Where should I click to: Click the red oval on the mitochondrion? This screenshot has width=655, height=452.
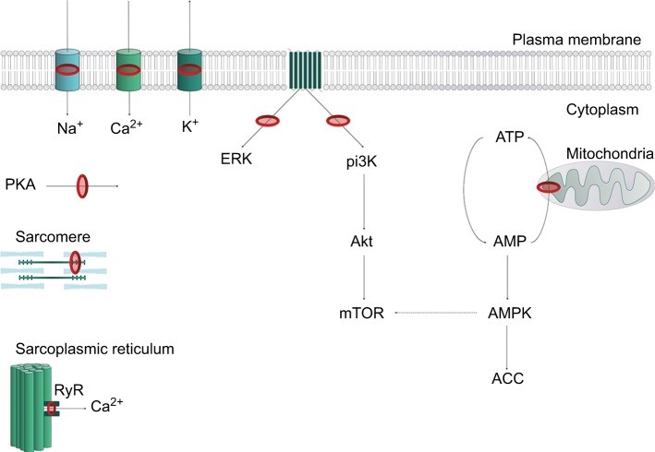tap(549, 188)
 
